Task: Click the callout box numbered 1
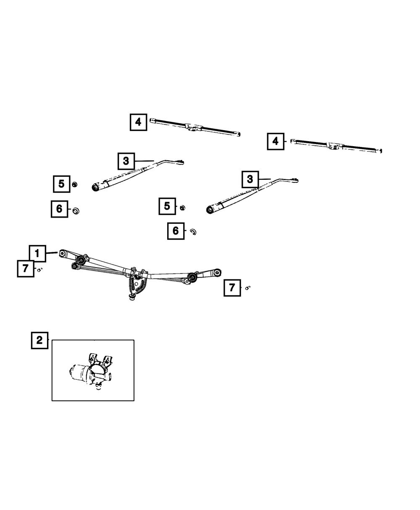37,253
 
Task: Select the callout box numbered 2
39,340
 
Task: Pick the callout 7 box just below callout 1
26,268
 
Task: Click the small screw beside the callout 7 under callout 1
39,270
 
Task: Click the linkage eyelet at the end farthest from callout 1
217,273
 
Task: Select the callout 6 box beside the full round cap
59,208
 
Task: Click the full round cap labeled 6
76,210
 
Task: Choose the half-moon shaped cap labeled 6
194,231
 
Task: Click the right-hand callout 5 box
167,206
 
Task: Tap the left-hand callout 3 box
126,161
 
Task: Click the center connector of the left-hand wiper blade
194,127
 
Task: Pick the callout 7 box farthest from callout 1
232,288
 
